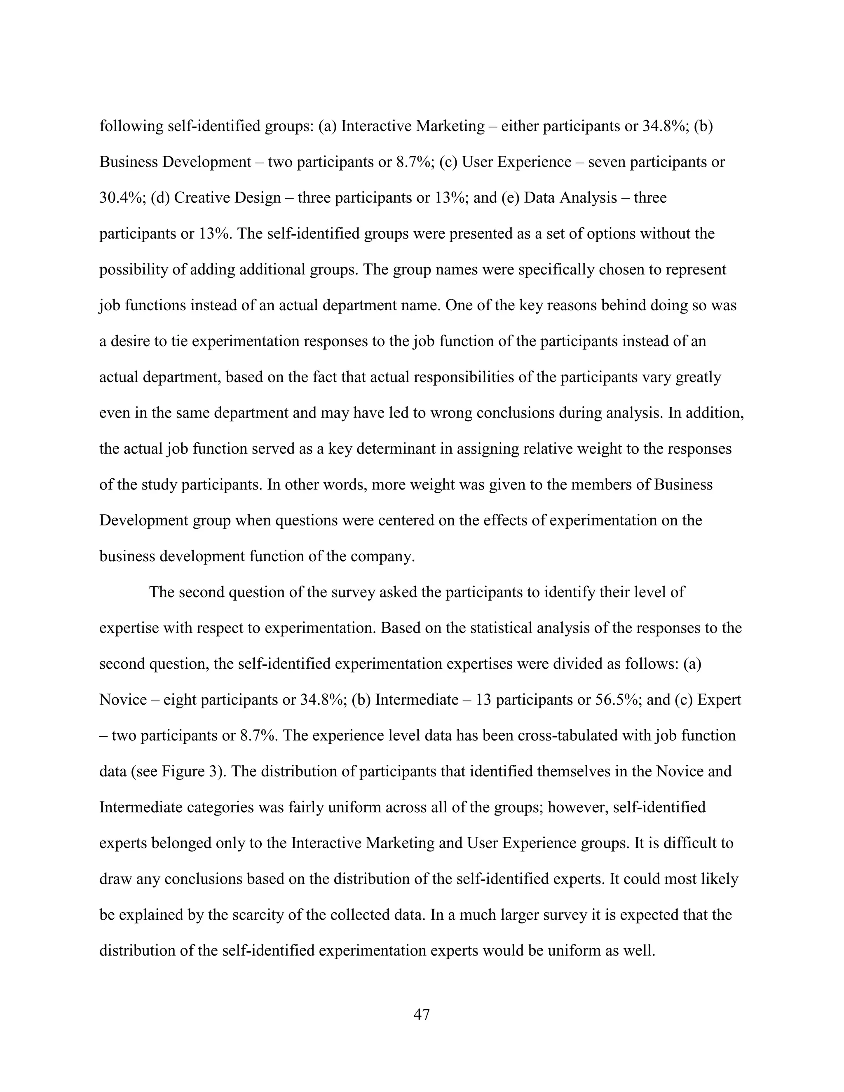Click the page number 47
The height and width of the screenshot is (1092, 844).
(x=422, y=1014)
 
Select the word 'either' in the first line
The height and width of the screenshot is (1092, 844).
(x=520, y=126)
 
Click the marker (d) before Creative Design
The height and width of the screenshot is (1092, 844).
(x=160, y=197)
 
